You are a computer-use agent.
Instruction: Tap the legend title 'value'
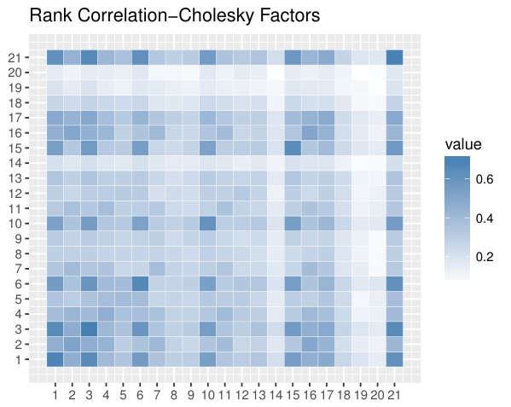coord(463,144)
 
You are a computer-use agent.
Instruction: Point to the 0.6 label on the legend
coord(485,179)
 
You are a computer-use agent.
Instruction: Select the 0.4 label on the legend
coord(485,218)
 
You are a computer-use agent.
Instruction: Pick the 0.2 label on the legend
coord(485,257)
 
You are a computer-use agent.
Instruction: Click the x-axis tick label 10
coord(207,395)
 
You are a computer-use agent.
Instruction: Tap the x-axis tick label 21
coord(394,395)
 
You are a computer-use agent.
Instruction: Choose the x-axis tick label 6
coord(140,395)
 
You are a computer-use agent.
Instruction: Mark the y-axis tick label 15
coord(15,148)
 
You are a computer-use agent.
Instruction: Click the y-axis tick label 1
coord(19,360)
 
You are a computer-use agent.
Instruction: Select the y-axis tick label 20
coord(15,73)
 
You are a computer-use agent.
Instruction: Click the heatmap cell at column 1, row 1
coord(55,359)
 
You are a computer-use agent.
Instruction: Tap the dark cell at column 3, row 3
coord(89,329)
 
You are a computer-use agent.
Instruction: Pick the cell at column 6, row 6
coord(140,284)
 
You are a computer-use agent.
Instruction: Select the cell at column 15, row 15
coord(293,148)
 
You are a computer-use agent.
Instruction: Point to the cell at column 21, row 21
coord(394,57)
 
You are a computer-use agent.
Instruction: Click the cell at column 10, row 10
coord(207,224)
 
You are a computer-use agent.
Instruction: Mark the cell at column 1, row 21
coord(55,57)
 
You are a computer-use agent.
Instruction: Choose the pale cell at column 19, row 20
coord(361,73)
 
